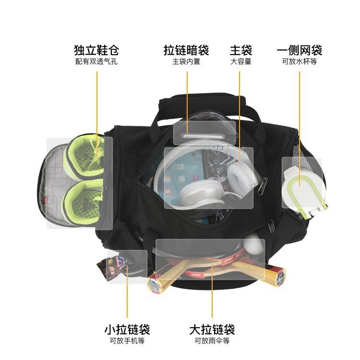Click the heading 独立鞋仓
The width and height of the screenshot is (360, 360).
coord(96,50)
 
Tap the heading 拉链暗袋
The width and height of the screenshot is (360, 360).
coord(186,50)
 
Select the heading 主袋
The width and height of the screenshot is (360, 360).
coord(240,50)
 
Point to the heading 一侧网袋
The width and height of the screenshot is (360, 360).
coord(300,50)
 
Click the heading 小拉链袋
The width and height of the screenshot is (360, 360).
coord(127,330)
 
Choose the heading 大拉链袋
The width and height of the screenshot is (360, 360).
coord(212,330)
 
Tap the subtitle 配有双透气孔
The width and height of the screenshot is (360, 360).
coord(96,61)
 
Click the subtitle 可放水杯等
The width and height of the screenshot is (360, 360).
coord(300,61)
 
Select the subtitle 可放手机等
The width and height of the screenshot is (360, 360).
coord(127,341)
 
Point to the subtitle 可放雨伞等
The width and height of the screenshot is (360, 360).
coord(212,341)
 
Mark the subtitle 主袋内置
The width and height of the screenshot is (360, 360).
coord(186,61)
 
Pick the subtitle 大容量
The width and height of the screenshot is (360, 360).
coord(240,61)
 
